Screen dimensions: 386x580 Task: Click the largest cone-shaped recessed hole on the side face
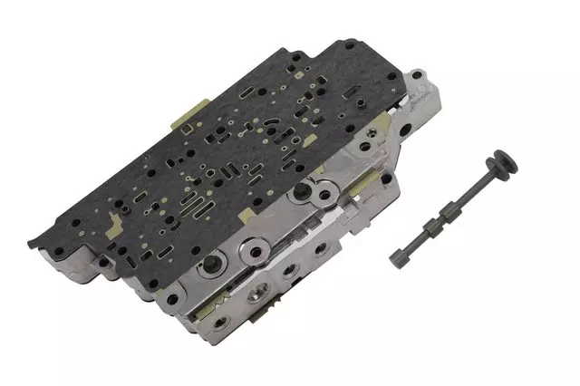tap(216, 265)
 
